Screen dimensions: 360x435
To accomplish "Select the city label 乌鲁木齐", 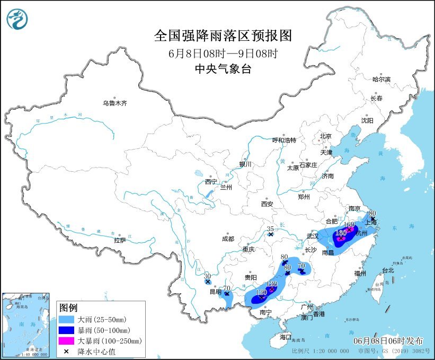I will coord(115,103).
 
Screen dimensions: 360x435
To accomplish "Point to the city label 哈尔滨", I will coord(380,79).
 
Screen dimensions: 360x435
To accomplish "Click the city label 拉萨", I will coord(120,240).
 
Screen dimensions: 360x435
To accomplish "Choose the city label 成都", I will coord(228,239).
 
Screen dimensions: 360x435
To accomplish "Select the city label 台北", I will coord(387,270).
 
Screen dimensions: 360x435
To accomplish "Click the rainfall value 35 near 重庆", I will coord(270,229).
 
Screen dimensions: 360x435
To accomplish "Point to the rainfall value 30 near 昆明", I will coord(207,276).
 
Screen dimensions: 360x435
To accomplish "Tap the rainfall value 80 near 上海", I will coord(372,213).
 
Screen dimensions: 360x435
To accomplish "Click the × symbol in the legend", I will coord(67,350).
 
